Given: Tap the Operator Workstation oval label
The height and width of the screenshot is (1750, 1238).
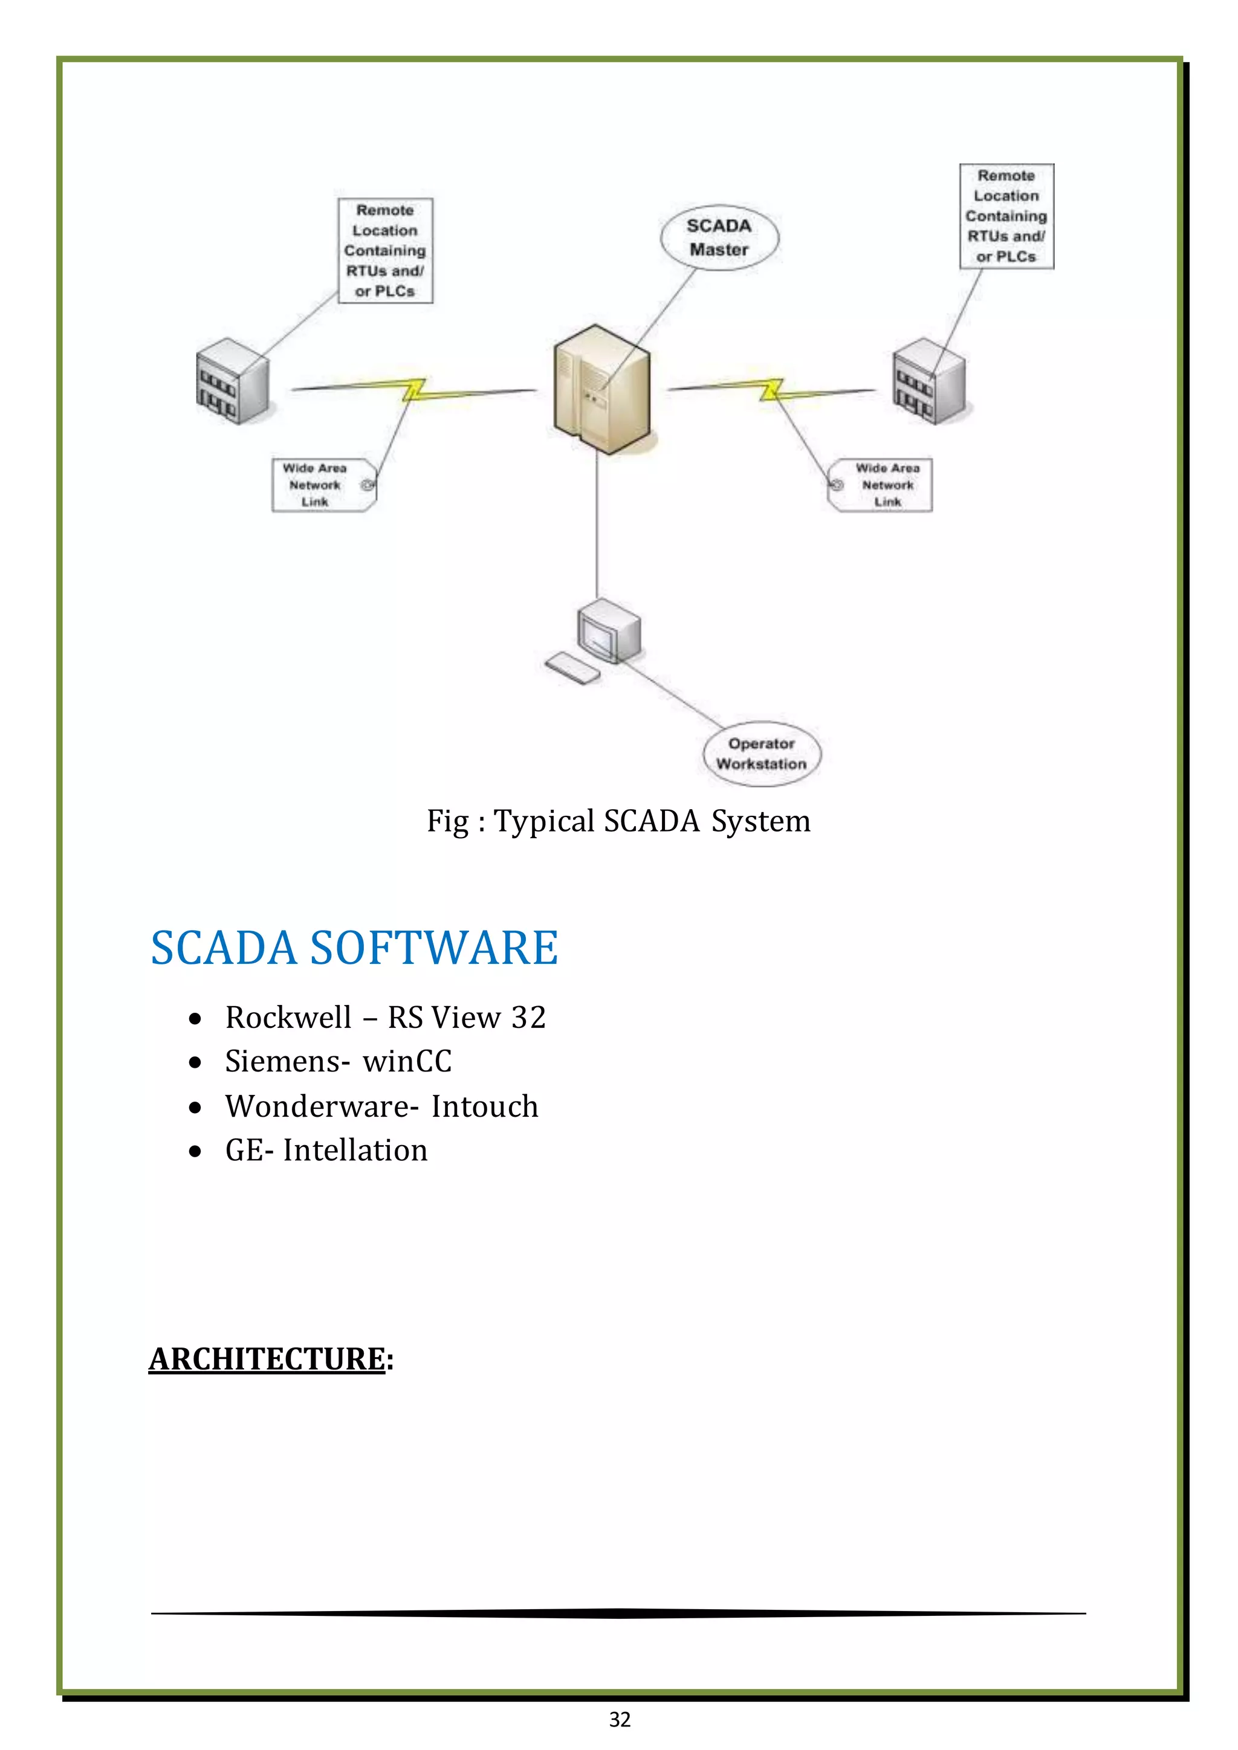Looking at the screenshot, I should tap(761, 753).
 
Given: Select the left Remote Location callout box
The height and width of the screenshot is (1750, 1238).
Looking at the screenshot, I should tap(385, 251).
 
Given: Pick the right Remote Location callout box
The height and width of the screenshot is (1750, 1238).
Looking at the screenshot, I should tap(1006, 216).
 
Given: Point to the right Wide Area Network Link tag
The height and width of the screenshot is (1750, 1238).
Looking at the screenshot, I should tap(881, 485).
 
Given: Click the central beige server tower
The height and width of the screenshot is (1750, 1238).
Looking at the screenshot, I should tap(601, 389).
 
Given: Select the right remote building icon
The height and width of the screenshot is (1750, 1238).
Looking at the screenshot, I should tap(928, 381).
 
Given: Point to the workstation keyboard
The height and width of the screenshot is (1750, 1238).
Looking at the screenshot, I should tap(572, 668).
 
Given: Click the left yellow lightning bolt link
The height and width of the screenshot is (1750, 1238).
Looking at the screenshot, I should tap(414, 390).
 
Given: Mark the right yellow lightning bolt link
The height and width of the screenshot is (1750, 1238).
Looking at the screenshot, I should tap(771, 390).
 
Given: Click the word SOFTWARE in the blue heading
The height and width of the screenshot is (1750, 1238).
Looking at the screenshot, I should tap(434, 948).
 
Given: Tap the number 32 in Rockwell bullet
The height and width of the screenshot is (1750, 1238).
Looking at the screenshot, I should tap(528, 1018).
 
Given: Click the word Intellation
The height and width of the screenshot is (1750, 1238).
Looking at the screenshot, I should tap(355, 1150).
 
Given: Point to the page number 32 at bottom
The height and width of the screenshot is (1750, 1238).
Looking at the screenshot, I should tap(620, 1720).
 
